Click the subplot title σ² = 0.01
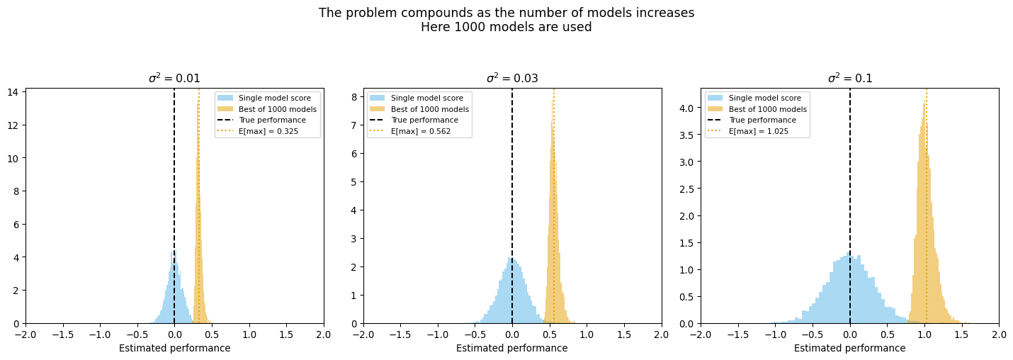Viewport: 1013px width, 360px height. (x=174, y=79)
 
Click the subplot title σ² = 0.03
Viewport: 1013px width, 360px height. (x=511, y=79)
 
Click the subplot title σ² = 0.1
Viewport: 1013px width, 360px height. (x=849, y=79)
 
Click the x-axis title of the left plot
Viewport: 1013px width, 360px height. (x=174, y=348)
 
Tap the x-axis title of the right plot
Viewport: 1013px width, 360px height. (x=849, y=348)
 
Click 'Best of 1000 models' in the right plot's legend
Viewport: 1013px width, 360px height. (x=767, y=109)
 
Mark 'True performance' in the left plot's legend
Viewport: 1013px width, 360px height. (x=272, y=120)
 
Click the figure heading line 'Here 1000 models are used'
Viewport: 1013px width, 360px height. (x=506, y=28)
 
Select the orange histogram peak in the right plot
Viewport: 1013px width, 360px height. (x=925, y=103)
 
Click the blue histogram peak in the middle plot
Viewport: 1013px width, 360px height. (x=510, y=259)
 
